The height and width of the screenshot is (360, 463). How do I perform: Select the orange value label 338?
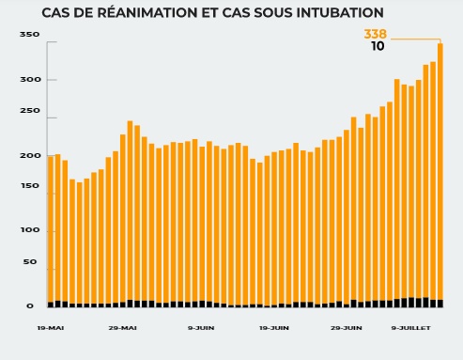pos(375,34)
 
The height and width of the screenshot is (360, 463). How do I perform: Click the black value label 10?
pos(378,46)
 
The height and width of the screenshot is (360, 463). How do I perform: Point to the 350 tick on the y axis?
pos(29,34)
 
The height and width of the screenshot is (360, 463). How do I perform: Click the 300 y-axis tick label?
pos(29,80)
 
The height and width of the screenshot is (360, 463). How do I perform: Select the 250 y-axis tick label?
pos(29,111)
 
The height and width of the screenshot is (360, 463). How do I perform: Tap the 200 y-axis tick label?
pos(29,155)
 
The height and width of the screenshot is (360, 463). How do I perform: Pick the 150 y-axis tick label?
pos(29,186)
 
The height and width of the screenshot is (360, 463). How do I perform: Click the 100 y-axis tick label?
pos(29,230)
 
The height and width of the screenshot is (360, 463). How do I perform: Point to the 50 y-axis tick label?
pos(31,261)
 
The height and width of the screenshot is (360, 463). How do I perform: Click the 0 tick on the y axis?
pos(33,305)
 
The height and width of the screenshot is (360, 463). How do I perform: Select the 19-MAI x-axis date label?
pos(51,328)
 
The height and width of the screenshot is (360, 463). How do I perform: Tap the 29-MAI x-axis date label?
pos(122,328)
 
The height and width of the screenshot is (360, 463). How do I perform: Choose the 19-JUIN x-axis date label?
pos(273,328)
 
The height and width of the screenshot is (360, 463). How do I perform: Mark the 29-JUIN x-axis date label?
pos(347,328)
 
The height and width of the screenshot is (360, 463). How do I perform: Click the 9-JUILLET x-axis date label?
pos(410,328)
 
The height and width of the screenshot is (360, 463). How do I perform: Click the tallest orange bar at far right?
pos(440,169)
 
